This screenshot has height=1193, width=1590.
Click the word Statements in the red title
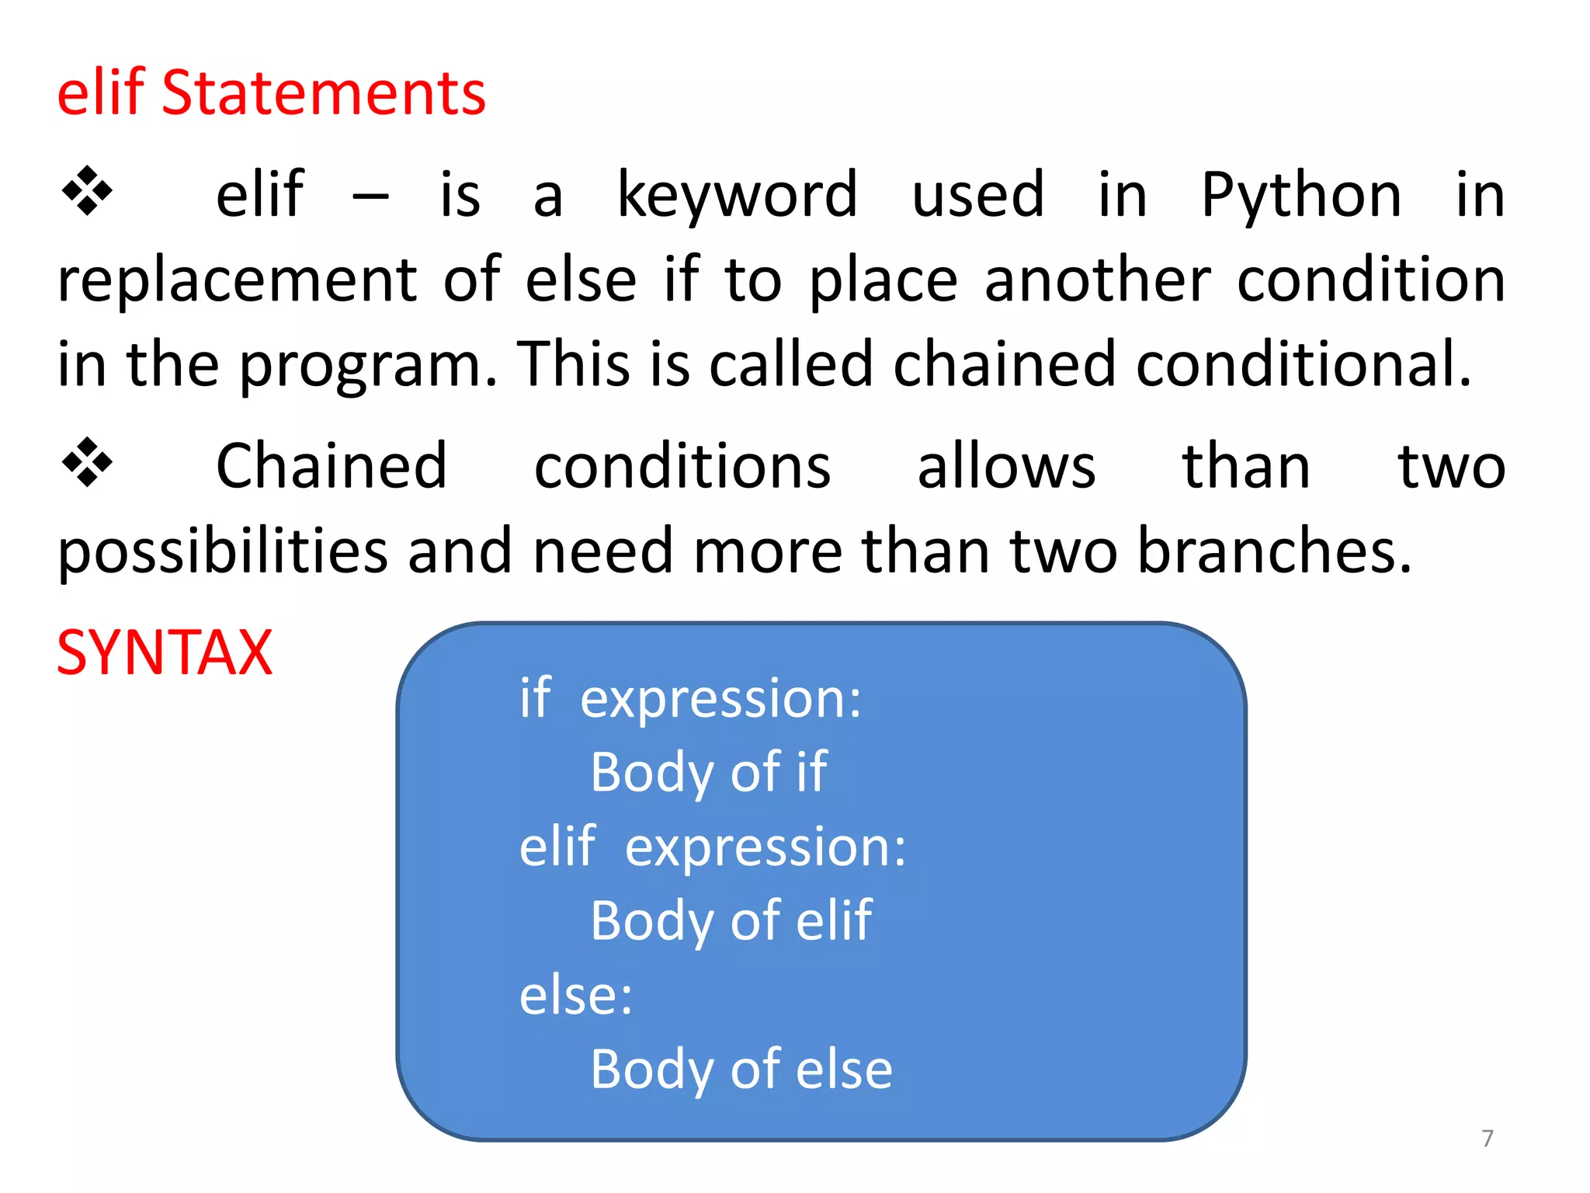pyautogui.click(x=323, y=94)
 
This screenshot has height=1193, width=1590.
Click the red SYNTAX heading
pyautogui.click(x=165, y=653)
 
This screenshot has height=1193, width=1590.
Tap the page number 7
pyautogui.click(x=1487, y=1139)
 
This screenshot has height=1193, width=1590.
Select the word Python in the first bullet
pyautogui.click(x=1301, y=197)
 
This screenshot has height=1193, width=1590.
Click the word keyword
pyautogui.click(x=737, y=197)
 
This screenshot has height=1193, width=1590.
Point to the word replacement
pyautogui.click(x=237, y=280)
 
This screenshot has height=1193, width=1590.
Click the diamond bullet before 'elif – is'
pyautogui.click(x=87, y=191)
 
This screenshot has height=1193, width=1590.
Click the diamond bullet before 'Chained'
pyautogui.click(x=87, y=463)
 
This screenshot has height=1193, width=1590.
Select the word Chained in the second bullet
pyautogui.click(x=332, y=467)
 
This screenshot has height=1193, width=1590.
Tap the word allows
pyautogui.click(x=1006, y=467)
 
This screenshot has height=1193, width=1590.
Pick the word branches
pyautogui.click(x=1273, y=551)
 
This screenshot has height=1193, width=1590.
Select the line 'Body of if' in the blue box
pyautogui.click(x=709, y=773)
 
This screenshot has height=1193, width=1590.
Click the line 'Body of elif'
pyautogui.click(x=731, y=921)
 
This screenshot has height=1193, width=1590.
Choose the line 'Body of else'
pyautogui.click(x=741, y=1070)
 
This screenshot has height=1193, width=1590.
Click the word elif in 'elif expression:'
pyautogui.click(x=557, y=847)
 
